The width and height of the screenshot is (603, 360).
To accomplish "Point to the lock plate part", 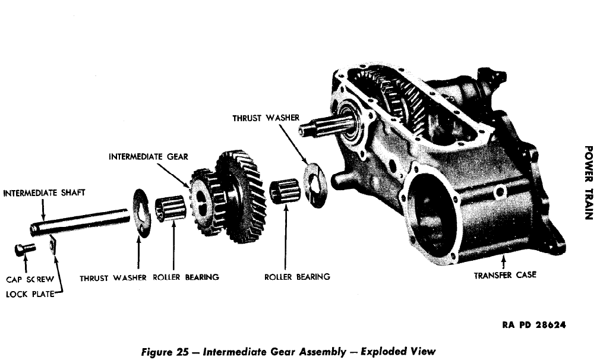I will [x=52, y=244].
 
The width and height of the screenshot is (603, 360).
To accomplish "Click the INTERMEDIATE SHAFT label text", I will [x=44, y=193].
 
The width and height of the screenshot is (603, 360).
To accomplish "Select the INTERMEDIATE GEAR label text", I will [x=148, y=157].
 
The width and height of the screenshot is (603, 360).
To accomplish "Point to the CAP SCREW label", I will [x=30, y=277].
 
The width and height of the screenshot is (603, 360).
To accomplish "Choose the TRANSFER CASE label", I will [x=504, y=275].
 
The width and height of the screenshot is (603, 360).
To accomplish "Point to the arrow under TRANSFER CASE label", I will [x=504, y=261].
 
